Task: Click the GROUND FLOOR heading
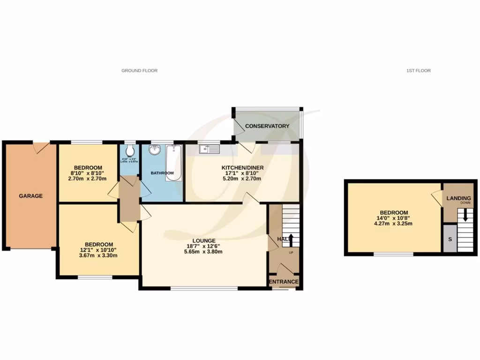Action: tap(139, 71)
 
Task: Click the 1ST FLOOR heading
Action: tap(418, 71)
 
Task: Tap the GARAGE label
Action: tap(31, 196)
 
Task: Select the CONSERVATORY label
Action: tap(267, 126)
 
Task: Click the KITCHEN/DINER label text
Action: tap(243, 167)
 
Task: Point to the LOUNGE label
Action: tap(203, 240)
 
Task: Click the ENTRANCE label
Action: tap(284, 282)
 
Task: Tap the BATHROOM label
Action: tap(162, 173)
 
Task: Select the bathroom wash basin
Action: tap(155, 150)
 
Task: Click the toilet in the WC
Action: tap(129, 150)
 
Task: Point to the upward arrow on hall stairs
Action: tap(291, 240)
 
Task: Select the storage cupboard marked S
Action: tap(450, 239)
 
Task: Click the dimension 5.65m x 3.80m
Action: tap(203, 252)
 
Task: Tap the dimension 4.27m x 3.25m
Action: tap(393, 224)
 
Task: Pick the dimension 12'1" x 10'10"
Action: tap(98, 250)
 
